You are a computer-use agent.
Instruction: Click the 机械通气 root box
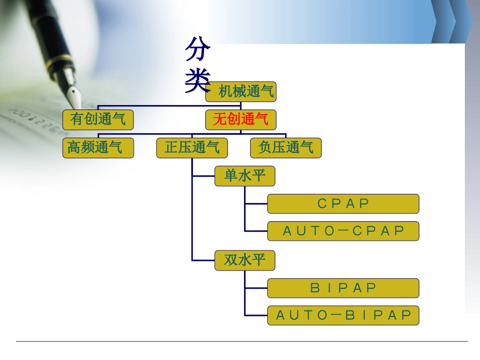(x=241, y=91)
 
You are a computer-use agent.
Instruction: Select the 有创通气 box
(x=98, y=120)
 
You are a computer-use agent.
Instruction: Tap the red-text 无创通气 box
(x=241, y=120)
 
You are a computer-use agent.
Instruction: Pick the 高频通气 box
(x=98, y=148)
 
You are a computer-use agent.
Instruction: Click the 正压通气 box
(x=192, y=148)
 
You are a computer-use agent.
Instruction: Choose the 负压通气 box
(x=286, y=148)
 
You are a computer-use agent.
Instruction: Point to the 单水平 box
(x=245, y=176)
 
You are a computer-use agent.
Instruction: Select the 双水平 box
(x=245, y=261)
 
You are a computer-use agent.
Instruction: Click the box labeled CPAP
(x=343, y=203)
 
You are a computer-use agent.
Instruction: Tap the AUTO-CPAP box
(x=343, y=231)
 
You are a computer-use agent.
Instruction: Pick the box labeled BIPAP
(x=343, y=288)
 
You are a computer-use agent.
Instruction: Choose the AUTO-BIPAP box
(x=343, y=316)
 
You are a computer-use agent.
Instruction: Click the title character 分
(x=198, y=49)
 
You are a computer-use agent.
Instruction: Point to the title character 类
(x=198, y=80)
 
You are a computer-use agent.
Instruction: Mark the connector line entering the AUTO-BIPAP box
(x=256, y=316)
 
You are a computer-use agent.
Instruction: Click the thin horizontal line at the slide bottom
(x=242, y=341)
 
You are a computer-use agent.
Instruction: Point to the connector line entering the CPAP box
(x=256, y=203)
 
